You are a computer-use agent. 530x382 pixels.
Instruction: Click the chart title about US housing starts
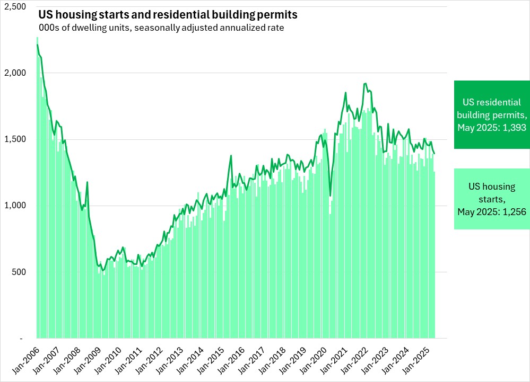pyautogui.click(x=168, y=14)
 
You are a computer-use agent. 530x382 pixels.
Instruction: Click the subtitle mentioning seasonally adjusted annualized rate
pyautogui.click(x=161, y=28)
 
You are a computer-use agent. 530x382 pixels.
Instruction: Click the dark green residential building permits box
pyautogui.click(x=492, y=114)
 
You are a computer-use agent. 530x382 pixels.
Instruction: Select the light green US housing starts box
pyautogui.click(x=492, y=199)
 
